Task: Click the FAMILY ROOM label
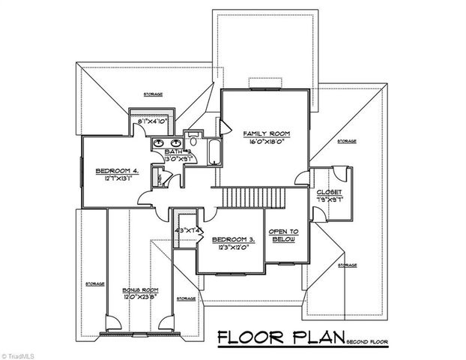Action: point(265,133)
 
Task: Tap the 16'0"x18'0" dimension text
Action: point(265,141)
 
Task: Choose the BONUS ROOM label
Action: point(140,289)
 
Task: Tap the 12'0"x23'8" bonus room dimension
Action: point(140,295)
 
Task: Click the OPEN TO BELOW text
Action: point(284,234)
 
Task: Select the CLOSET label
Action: point(329,193)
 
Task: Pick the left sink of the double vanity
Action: point(160,142)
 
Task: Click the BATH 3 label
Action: point(178,151)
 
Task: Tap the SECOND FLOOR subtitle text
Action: point(368,341)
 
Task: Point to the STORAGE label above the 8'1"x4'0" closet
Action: point(153,94)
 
